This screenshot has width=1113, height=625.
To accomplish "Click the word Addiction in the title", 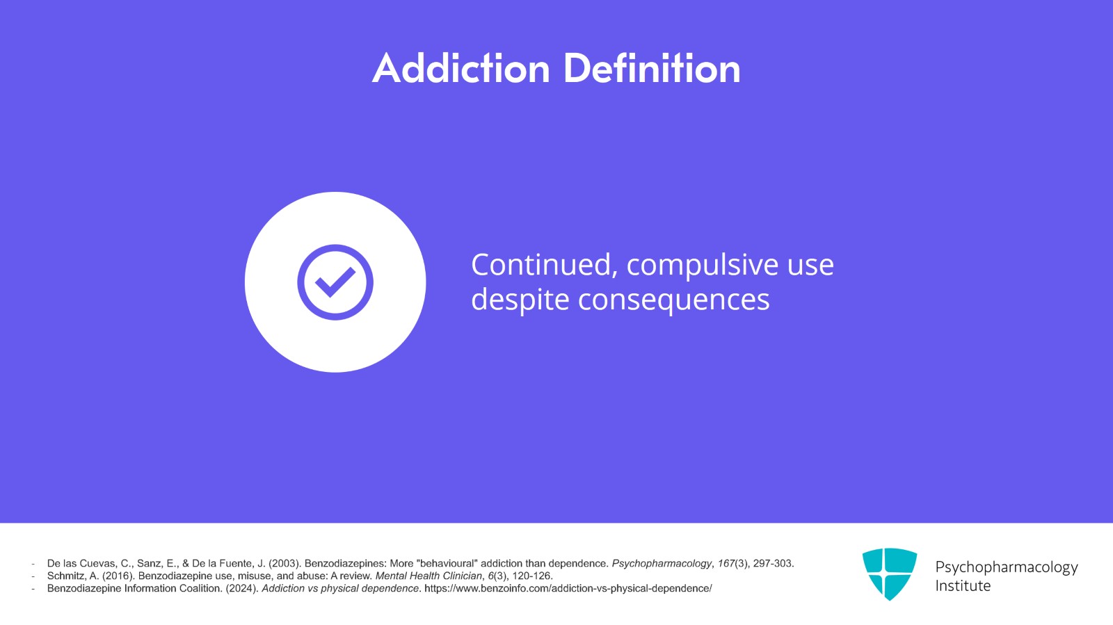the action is point(461,69).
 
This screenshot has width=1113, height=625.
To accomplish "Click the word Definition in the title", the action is point(652,69).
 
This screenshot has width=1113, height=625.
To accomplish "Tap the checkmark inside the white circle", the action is point(335,282).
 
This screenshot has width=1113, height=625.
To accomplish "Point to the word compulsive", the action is point(703,266).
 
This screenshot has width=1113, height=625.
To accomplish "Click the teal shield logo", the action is point(890,574).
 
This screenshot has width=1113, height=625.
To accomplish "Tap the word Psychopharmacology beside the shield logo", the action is point(1006,567).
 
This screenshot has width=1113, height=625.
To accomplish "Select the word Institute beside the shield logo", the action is point(963,586).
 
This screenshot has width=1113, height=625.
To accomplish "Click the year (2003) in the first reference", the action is point(285,563).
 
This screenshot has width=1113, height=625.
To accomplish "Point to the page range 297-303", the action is point(774,563).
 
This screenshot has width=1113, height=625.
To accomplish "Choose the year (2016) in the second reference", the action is point(118,576).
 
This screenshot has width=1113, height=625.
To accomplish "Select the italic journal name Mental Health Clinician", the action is point(429,576).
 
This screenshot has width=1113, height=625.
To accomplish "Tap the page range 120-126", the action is point(532,576).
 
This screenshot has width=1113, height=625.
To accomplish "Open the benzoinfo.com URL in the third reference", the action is point(568,588).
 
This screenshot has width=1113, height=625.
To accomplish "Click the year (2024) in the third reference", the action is point(243,588).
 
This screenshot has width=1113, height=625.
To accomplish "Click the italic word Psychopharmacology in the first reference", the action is point(662,563).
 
